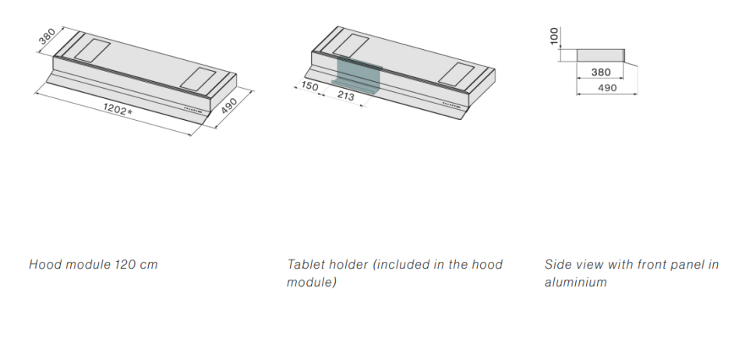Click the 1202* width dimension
117,109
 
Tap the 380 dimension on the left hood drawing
48,37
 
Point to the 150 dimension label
309,86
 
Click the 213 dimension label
345,95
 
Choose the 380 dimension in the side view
601,72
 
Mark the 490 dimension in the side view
607,88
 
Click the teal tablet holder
358,75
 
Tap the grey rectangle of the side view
601,55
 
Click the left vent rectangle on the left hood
92,51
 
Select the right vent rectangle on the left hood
198,79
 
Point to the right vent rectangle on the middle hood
457,75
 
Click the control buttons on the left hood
193,109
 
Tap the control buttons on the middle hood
451,104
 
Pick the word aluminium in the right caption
576,282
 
